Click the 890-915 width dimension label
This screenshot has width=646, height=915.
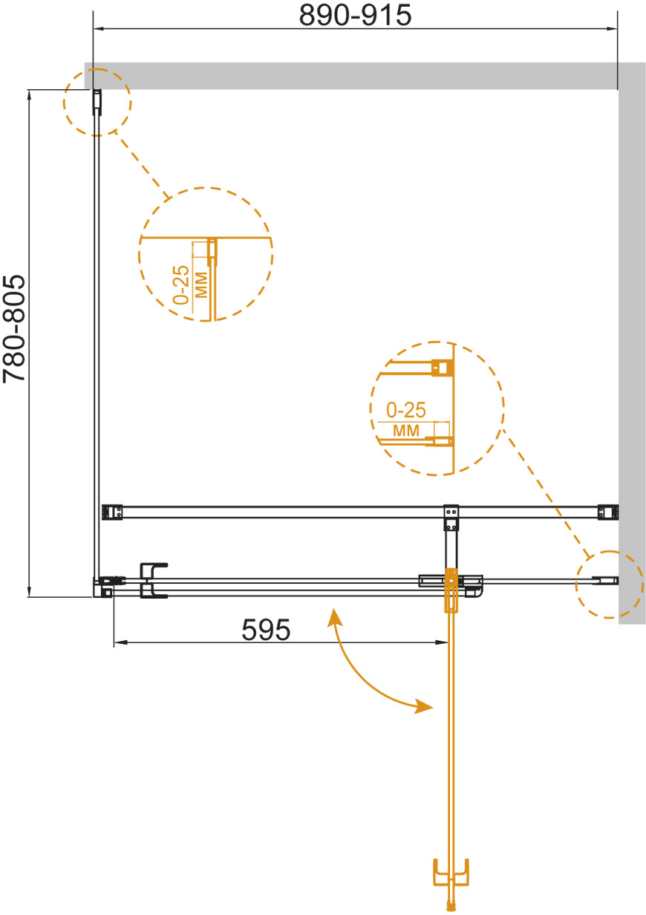(x=355, y=16)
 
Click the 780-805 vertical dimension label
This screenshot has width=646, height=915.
(x=14, y=329)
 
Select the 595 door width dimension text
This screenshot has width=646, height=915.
(x=266, y=630)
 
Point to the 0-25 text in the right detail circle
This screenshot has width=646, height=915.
(x=406, y=410)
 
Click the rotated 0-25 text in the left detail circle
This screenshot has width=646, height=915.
(x=181, y=284)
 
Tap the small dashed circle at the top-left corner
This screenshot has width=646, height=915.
(x=97, y=102)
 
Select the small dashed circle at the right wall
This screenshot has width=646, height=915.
(x=610, y=585)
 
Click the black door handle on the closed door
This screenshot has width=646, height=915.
(x=153, y=581)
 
